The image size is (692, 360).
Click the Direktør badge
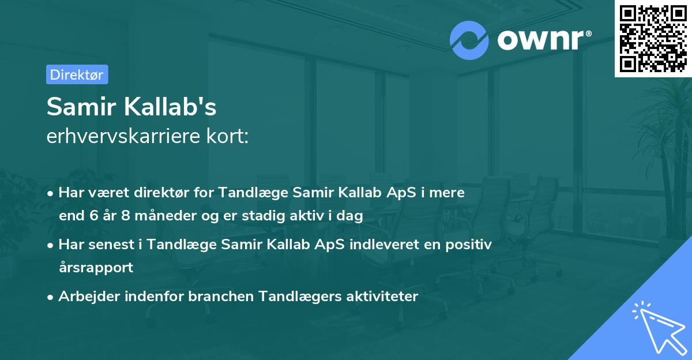[x=77, y=74]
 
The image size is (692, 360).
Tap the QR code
[x=653, y=38]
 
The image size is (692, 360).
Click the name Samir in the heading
[x=79, y=107]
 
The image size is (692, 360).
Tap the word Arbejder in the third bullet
[x=85, y=297]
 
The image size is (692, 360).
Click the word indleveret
[x=384, y=245]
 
